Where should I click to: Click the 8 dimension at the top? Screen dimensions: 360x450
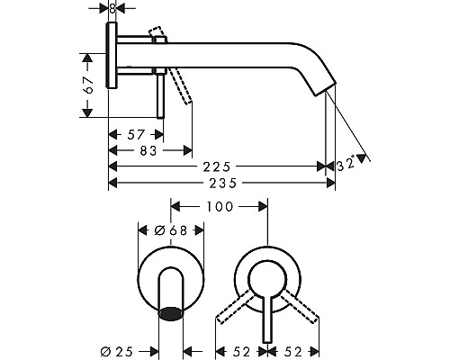pyautogui.click(x=112, y=7)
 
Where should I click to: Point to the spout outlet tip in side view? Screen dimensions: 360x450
pyautogui.click(x=326, y=87)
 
